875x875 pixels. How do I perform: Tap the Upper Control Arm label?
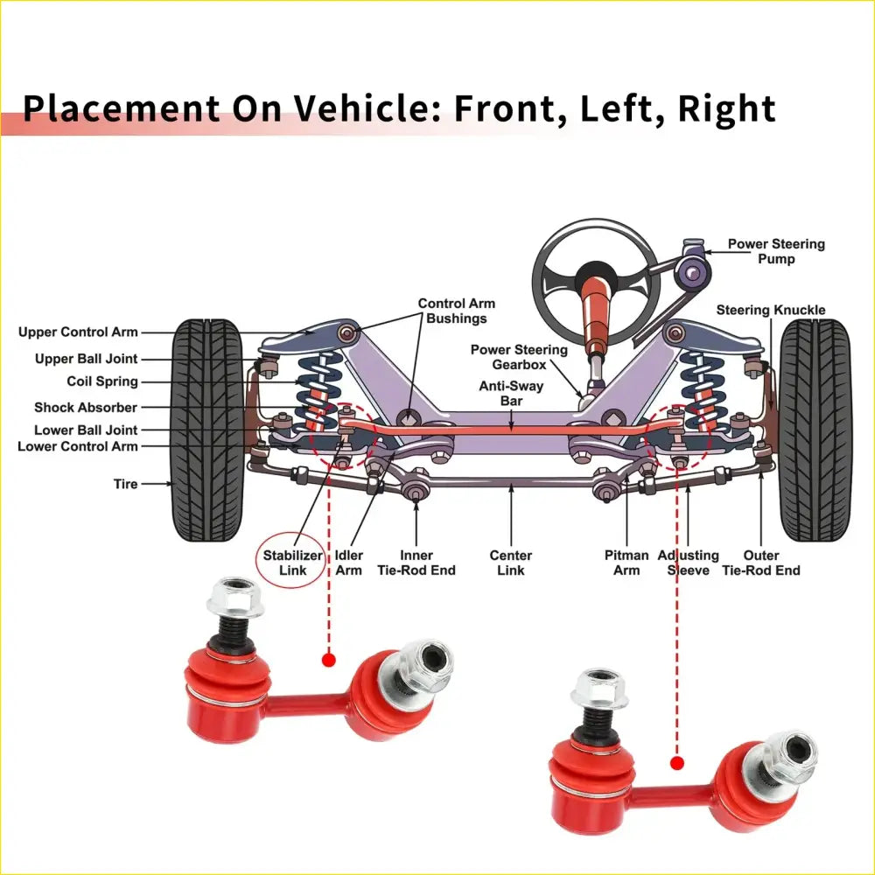pos(78,332)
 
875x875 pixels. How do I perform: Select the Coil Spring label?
pos(102,381)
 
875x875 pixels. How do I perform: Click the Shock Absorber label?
pos(86,408)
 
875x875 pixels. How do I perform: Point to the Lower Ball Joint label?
pos(86,430)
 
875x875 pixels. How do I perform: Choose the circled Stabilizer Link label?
pos(293,563)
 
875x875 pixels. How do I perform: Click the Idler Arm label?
pos(349,563)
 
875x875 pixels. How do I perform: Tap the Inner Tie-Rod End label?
pos(416,563)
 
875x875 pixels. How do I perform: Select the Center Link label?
pos(511,563)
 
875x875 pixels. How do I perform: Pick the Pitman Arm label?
pos(626,563)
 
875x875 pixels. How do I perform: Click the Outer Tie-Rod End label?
pos(760,563)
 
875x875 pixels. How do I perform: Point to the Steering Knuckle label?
pos(770,310)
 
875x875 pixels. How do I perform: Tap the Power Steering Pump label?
pos(776,251)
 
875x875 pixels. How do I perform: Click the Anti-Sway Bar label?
pos(511,393)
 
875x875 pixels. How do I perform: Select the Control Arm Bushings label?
pos(456,311)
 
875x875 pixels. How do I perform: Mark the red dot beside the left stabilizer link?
pos(329,660)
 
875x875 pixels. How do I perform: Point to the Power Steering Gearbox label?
pos(519,357)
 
